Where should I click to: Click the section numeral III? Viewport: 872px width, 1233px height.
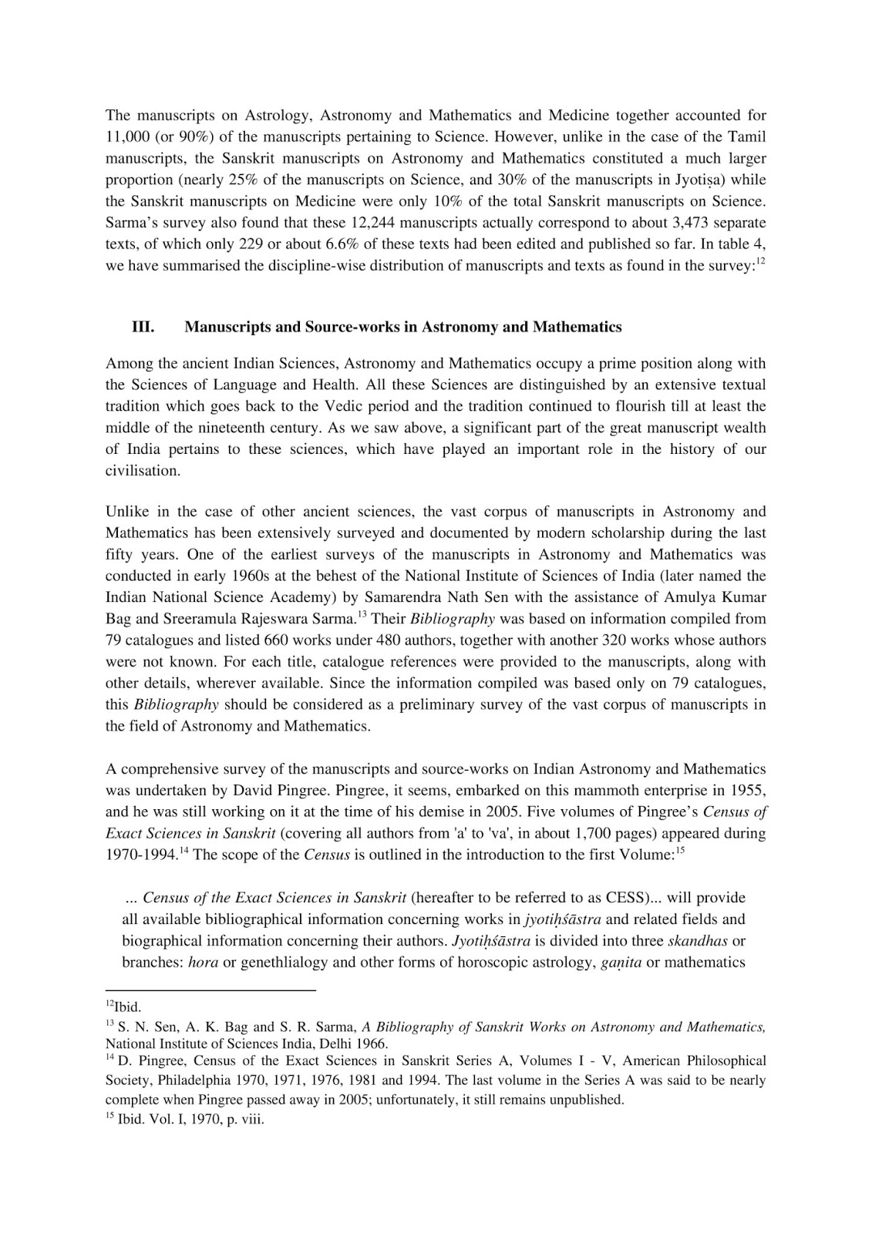143,327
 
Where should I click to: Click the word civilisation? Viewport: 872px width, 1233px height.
142,470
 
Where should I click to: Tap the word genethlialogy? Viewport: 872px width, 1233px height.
282,963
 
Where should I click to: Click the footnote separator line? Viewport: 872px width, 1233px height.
210,991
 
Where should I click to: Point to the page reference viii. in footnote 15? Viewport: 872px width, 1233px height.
251,1120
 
